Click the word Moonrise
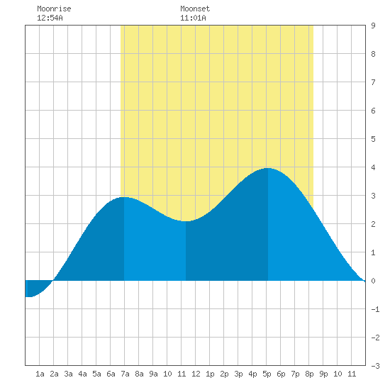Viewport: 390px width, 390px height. (x=54, y=9)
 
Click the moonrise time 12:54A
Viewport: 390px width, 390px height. (x=50, y=18)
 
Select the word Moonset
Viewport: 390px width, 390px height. (x=195, y=9)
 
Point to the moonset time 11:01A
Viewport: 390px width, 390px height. (x=193, y=18)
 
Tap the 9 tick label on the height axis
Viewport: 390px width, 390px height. (x=373, y=26)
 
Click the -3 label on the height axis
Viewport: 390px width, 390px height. (x=375, y=366)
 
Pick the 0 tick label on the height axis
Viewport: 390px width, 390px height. (x=373, y=281)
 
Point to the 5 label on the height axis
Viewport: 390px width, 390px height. (x=373, y=139)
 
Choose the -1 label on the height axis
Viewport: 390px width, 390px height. (x=375, y=309)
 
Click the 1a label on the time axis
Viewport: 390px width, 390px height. (x=40, y=374)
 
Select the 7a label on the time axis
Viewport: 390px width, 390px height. (x=125, y=374)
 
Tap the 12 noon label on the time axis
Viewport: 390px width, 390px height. (x=196, y=374)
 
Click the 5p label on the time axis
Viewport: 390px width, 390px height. (x=267, y=374)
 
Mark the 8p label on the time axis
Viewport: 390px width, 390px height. (x=309, y=374)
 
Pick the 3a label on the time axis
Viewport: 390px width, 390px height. (x=68, y=374)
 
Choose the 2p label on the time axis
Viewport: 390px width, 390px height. (x=224, y=374)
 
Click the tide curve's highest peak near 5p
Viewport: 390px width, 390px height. (x=267, y=168)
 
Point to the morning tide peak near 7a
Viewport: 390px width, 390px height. (x=124, y=197)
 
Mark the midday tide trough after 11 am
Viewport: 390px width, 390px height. (x=186, y=221)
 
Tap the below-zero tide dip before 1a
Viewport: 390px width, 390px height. (x=28, y=296)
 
